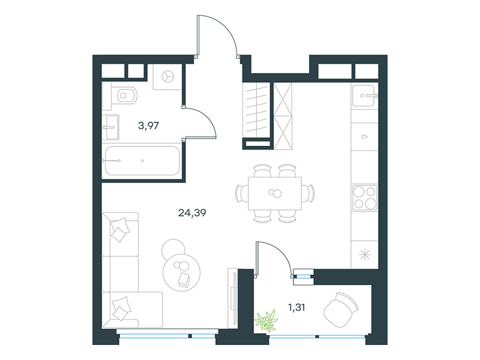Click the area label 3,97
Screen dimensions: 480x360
[x=148, y=125]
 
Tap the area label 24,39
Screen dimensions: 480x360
[x=192, y=212]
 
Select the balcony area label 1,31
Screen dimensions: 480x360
[x=296, y=307]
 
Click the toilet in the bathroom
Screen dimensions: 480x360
[x=124, y=95]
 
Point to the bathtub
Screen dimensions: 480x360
[x=142, y=161]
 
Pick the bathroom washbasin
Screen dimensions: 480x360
[x=110, y=127]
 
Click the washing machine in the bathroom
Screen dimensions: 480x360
[x=167, y=77]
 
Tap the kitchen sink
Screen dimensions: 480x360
[x=364, y=96]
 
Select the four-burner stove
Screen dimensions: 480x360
[x=364, y=197]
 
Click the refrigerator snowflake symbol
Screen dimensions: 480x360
[x=365, y=254]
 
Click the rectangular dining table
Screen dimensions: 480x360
[x=275, y=193]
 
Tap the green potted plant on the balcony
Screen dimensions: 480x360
[x=266, y=320]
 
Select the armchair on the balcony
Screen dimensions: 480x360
[x=341, y=309]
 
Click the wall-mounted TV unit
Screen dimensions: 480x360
[x=233, y=298]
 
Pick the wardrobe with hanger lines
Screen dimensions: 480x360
[x=256, y=110]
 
